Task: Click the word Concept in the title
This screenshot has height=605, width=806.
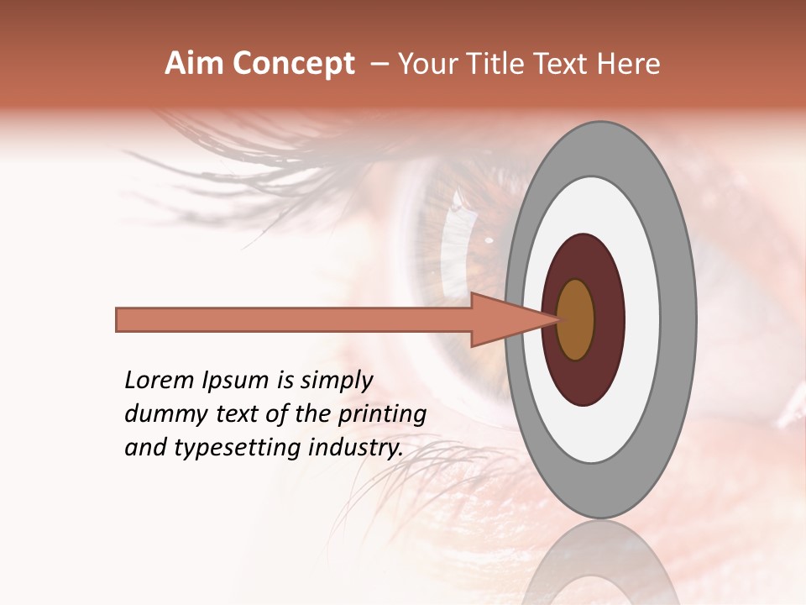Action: coord(295,64)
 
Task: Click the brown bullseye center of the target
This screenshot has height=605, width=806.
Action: coord(575,320)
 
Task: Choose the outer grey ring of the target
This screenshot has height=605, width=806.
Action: coord(682,320)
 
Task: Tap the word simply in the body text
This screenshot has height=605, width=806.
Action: coord(336,381)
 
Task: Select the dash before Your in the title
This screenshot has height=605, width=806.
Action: coord(379,64)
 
